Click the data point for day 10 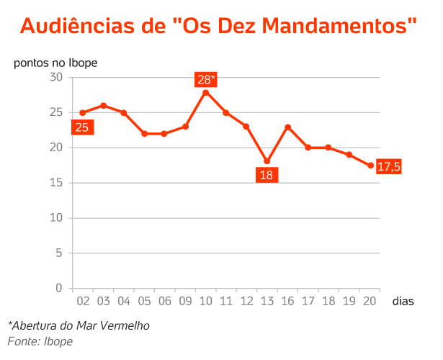(x=206, y=92)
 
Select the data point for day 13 (x=267, y=161)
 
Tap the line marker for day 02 (x=83, y=113)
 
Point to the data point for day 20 (x=370, y=166)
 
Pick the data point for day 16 (x=288, y=127)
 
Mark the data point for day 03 (x=104, y=106)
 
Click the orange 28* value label (x=206, y=79)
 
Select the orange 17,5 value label (x=389, y=167)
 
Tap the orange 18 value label (x=267, y=175)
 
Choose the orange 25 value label (x=82, y=127)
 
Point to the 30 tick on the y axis (x=56, y=77)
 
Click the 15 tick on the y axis (x=56, y=183)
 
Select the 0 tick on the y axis (x=59, y=288)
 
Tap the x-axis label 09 (x=185, y=301)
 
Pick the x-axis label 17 (x=308, y=301)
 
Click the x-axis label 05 (x=144, y=301)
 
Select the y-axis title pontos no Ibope (x=55, y=62)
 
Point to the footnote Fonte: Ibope (x=40, y=341)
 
